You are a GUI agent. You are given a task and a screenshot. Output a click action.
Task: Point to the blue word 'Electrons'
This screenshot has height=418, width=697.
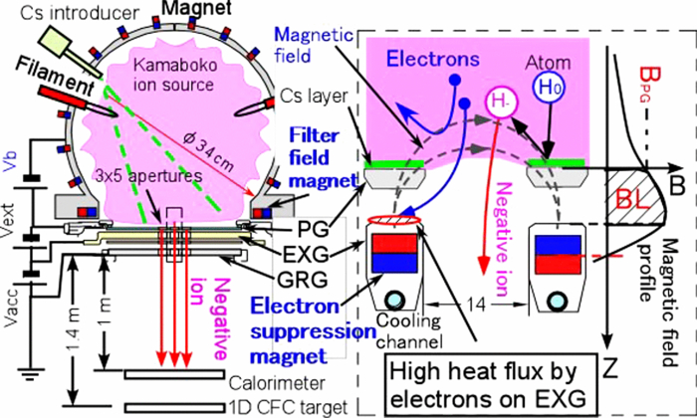point(425,56)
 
